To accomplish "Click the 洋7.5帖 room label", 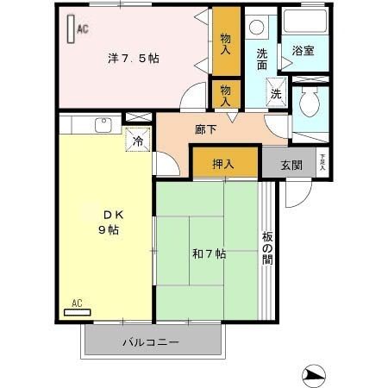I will [133, 59].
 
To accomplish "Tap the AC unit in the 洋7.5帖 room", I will [71, 30].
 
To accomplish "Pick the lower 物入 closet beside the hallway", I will [226, 94].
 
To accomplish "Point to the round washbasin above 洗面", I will [256, 27].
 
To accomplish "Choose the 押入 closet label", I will [225, 163].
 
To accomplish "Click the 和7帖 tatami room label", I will [208, 254].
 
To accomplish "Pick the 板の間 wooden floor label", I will [267, 247].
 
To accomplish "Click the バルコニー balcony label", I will [150, 342].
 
